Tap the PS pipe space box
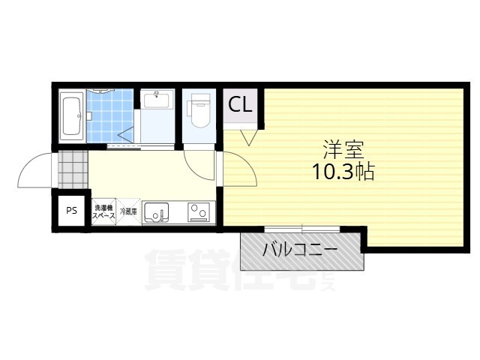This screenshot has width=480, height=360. pyautogui.click(x=71, y=211)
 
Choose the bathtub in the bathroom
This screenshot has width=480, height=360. pyautogui.click(x=71, y=115)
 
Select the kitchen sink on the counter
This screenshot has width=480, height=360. pyautogui.click(x=157, y=213)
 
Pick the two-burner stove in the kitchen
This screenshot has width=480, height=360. pyautogui.click(x=199, y=213)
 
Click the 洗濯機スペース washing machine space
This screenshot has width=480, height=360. pyautogui.click(x=103, y=211)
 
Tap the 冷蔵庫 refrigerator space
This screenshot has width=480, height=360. pyautogui.click(x=128, y=211)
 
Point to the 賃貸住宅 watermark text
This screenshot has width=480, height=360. pyautogui.click(x=232, y=270)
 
